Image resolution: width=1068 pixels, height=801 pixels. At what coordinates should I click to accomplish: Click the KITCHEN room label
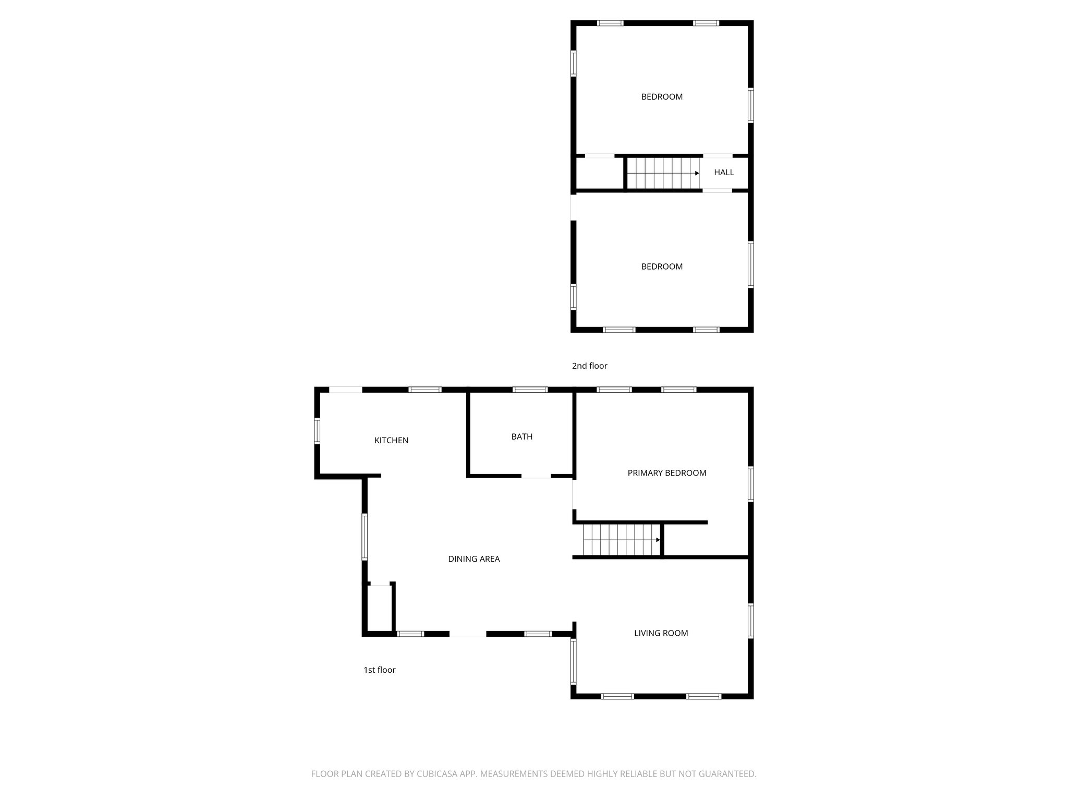pos(391,440)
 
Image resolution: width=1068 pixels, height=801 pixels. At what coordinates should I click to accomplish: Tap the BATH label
pos(521,436)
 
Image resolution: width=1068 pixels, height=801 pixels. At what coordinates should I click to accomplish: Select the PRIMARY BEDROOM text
pos(666,473)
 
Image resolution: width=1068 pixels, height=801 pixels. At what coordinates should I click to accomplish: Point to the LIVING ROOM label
pos(661,633)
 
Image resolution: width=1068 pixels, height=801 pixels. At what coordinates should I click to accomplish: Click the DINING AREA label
pos(474,559)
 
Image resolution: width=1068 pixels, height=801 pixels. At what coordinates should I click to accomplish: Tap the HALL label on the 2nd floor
pos(724,172)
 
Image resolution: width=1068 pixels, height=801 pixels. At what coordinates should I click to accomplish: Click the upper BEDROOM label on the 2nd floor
pos(662,96)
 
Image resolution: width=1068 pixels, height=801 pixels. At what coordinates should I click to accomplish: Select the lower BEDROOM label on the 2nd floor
pos(662,266)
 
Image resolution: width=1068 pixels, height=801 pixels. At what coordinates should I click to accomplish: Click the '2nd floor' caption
pos(589,366)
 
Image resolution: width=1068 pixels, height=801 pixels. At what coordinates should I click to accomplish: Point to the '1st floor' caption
pos(379,670)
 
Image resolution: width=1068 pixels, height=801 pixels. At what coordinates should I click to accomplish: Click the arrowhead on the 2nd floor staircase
pos(697,173)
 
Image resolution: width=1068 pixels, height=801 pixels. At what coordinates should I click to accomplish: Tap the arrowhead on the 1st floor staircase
pos(658,540)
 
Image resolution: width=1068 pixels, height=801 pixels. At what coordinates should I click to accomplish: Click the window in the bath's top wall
pos(530,390)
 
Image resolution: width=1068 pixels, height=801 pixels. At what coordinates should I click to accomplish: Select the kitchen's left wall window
pos(317,431)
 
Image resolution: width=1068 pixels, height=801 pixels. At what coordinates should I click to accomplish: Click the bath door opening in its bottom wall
pos(536,476)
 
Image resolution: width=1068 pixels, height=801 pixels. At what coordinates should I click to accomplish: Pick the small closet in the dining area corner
pos(380,608)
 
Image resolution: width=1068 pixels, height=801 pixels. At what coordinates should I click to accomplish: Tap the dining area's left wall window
pos(365,537)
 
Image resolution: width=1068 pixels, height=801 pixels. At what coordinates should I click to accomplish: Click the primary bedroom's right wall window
pos(751,484)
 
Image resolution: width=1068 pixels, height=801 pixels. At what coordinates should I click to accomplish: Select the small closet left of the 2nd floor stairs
pos(600,173)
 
